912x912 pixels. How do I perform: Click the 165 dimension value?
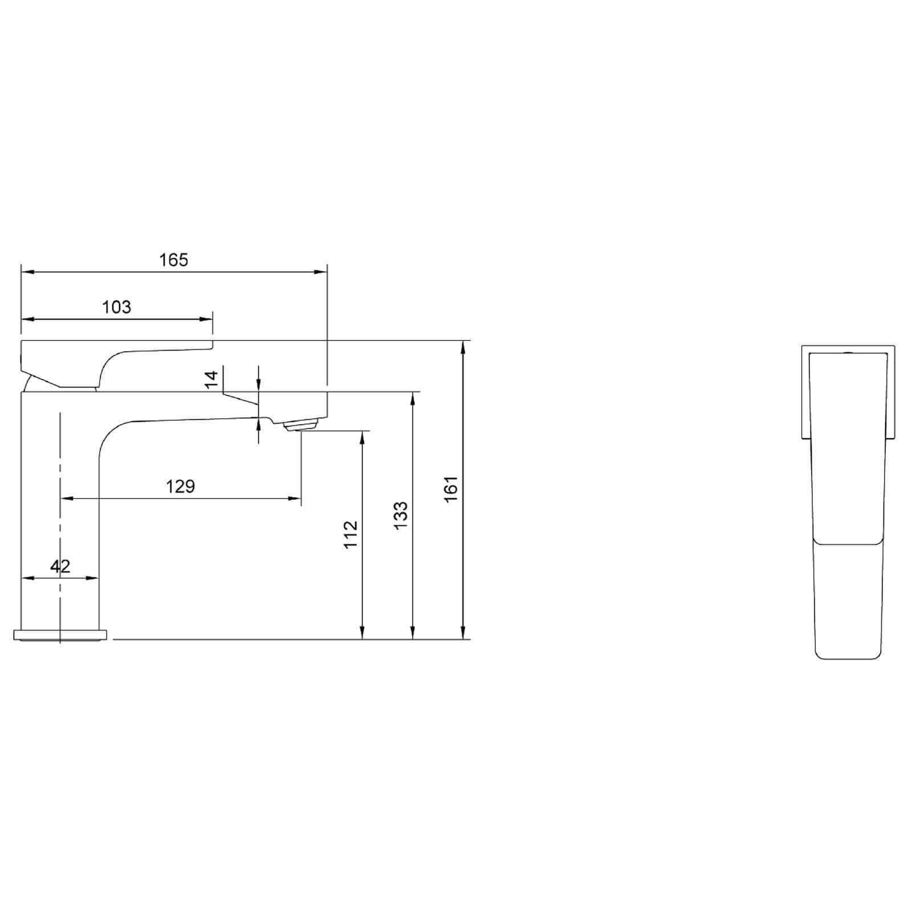pos(173,260)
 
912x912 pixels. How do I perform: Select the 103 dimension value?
pos(116,307)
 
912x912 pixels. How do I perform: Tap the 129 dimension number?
pos(180,486)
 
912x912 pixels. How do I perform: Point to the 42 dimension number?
pos(60,566)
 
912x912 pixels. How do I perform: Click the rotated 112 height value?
pos(351,534)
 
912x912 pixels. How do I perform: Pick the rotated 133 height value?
pos(401,515)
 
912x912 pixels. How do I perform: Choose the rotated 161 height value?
pos(451,489)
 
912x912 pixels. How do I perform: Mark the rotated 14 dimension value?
pos(211,379)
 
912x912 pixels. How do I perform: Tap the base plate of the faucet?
pos(60,635)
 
